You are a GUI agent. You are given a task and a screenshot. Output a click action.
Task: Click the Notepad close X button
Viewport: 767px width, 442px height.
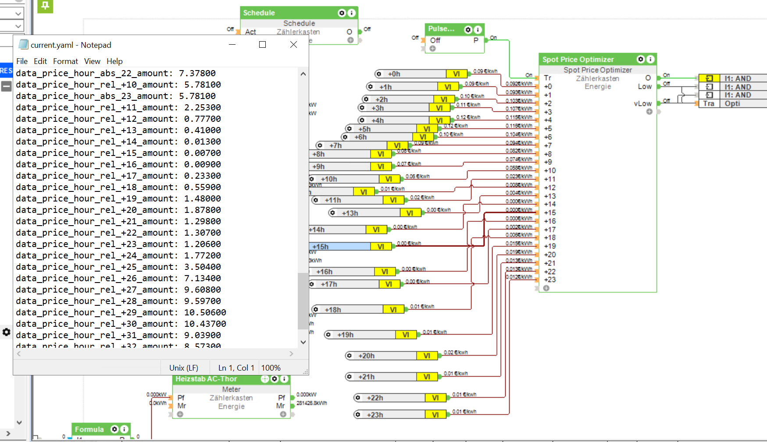pyautogui.click(x=293, y=45)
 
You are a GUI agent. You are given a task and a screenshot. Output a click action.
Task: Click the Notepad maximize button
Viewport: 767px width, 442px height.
pyautogui.click(x=262, y=45)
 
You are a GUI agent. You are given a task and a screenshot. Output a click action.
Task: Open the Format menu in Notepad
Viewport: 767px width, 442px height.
pyautogui.click(x=65, y=61)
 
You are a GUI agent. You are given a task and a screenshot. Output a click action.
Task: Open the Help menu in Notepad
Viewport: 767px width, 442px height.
pyautogui.click(x=114, y=61)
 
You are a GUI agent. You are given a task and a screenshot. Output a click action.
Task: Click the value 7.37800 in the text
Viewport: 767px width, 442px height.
pyautogui.click(x=197, y=73)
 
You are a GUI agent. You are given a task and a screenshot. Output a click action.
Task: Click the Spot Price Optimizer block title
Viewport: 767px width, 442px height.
pyautogui.click(x=578, y=60)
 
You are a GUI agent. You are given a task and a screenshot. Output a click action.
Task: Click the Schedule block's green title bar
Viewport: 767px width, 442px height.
pyautogui.click(x=289, y=13)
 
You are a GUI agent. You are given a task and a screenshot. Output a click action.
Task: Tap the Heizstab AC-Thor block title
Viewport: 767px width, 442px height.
pyautogui.click(x=206, y=379)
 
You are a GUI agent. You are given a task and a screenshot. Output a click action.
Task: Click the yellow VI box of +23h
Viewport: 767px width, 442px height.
pyautogui.click(x=435, y=414)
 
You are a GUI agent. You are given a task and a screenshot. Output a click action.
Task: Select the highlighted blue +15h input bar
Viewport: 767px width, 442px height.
pyautogui.click(x=340, y=247)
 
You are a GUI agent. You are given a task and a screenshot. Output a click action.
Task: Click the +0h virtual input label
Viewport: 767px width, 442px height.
pyautogui.click(x=394, y=74)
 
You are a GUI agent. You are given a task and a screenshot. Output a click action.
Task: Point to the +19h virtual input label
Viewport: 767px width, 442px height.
pyautogui.click(x=345, y=335)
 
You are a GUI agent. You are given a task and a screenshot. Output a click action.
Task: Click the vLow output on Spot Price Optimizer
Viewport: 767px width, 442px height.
pyautogui.click(x=642, y=103)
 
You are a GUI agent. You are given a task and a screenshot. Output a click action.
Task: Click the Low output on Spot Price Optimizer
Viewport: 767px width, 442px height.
pyautogui.click(x=644, y=86)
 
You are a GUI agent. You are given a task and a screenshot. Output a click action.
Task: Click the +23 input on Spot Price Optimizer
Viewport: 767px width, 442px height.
pyautogui.click(x=549, y=279)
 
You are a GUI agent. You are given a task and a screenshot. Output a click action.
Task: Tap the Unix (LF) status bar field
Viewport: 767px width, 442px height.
pyautogui.click(x=184, y=368)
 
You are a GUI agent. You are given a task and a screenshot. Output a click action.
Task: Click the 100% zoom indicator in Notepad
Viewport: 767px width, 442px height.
pyautogui.click(x=271, y=368)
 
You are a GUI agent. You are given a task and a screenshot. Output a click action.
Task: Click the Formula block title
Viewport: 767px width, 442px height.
pyautogui.click(x=89, y=429)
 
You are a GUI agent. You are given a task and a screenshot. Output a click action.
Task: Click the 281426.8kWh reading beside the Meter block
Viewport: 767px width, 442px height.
pyautogui.click(x=312, y=403)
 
